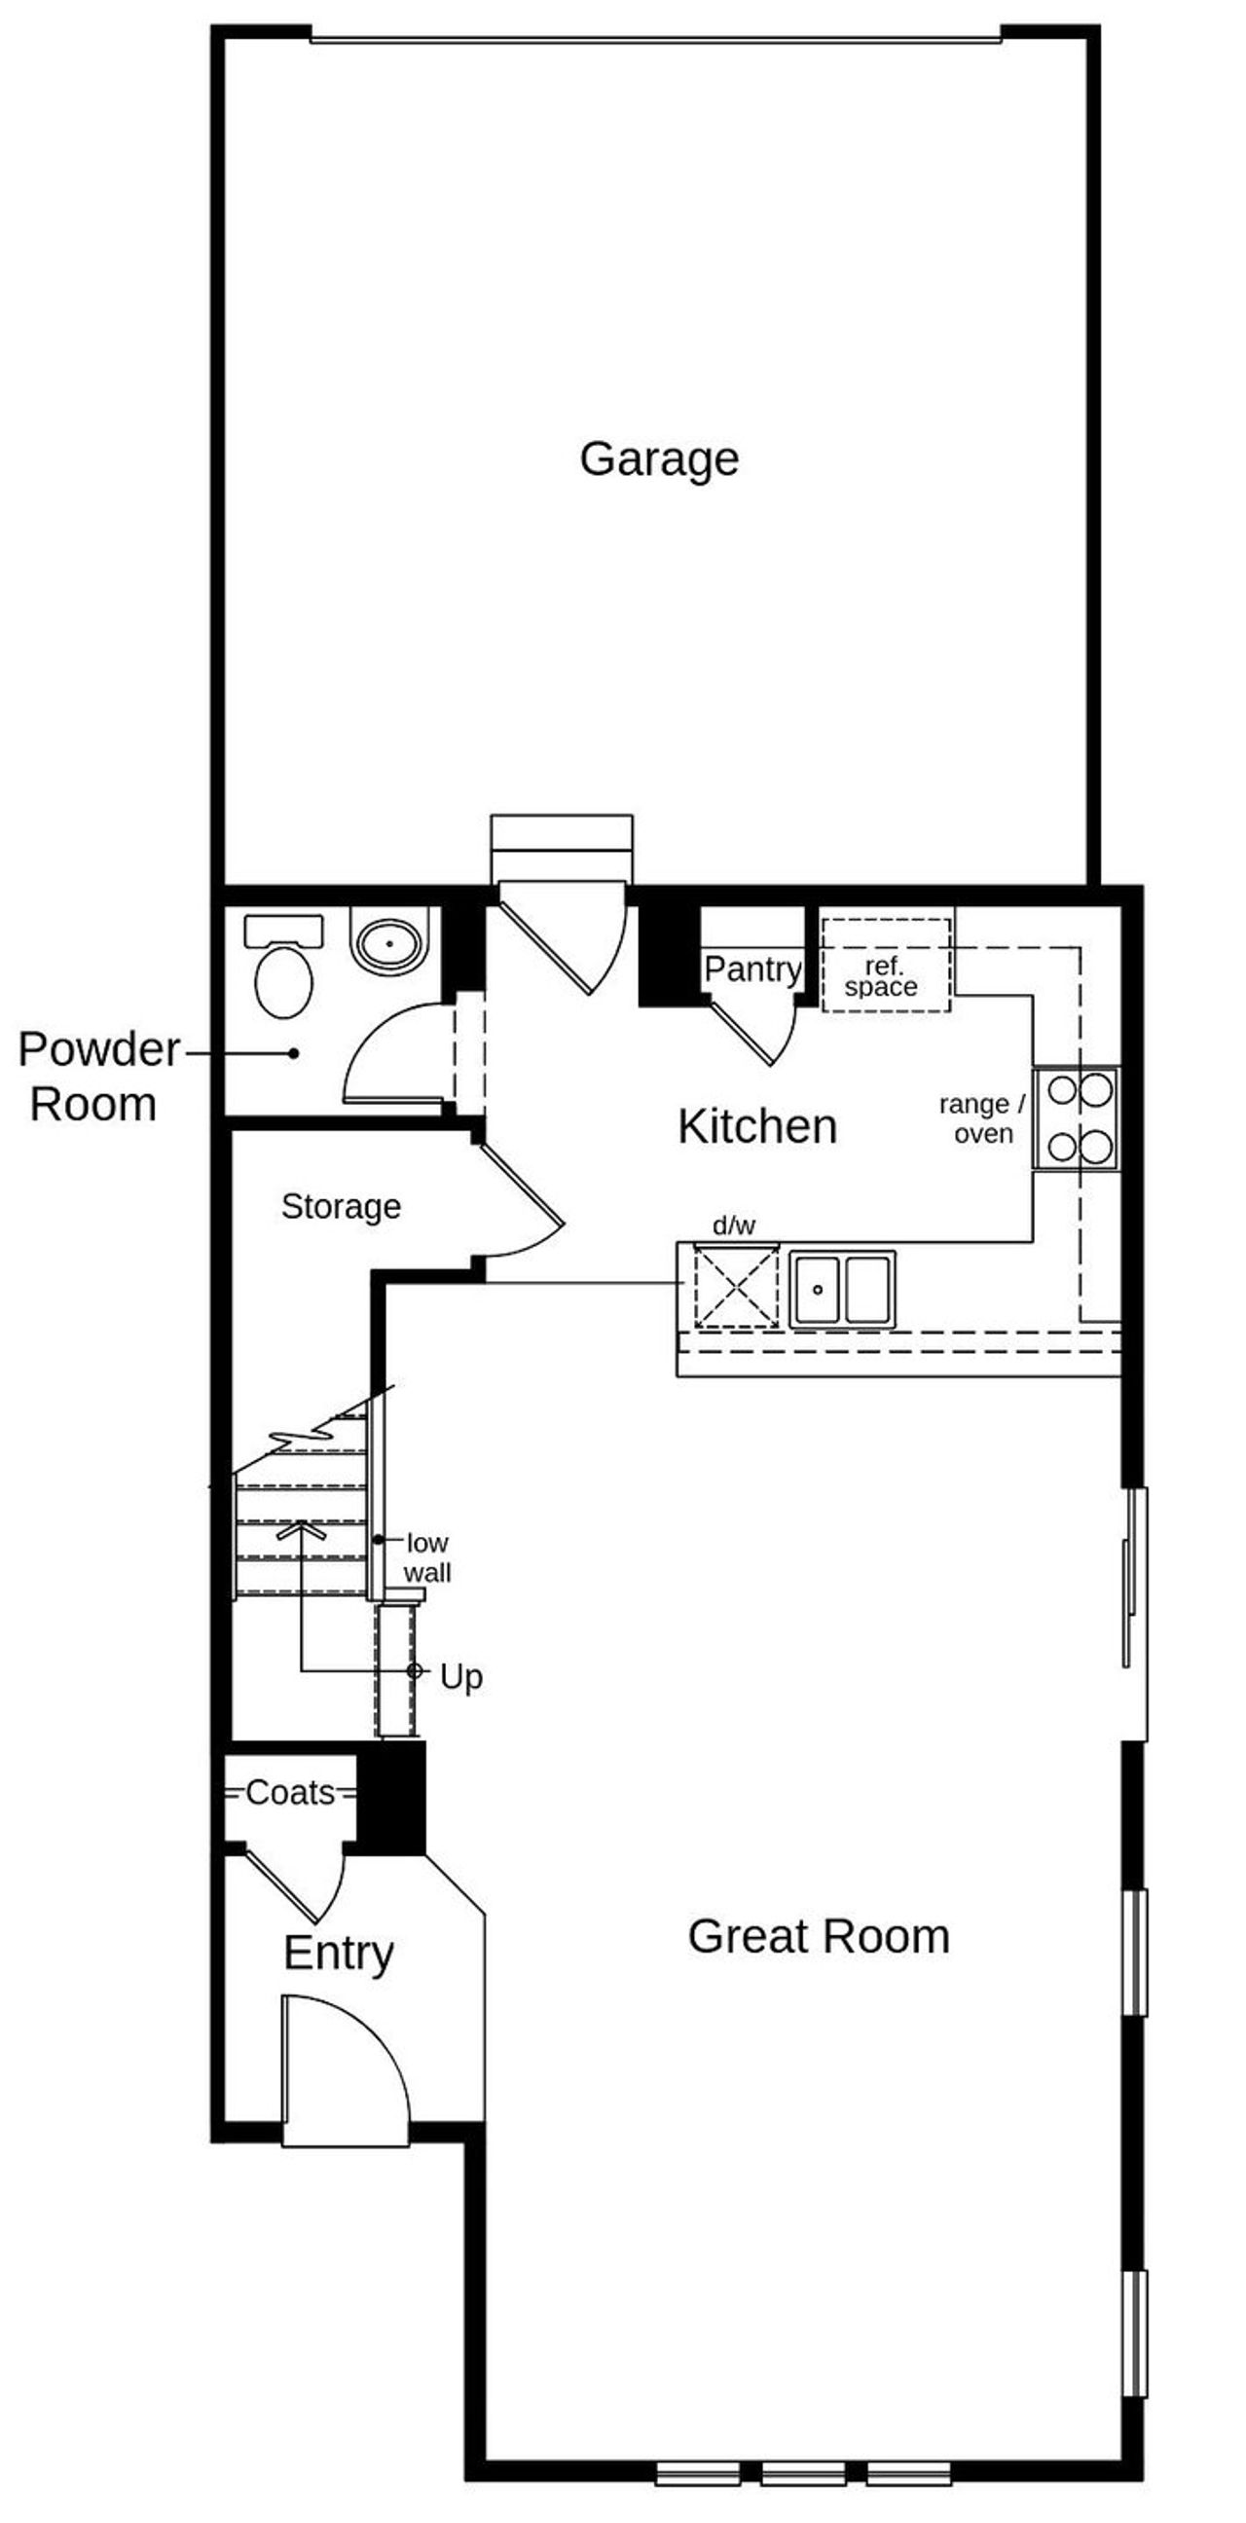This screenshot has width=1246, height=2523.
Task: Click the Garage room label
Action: click(x=658, y=458)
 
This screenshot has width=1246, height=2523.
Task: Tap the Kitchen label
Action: click(x=757, y=1126)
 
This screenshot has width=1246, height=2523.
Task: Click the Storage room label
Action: click(x=341, y=1206)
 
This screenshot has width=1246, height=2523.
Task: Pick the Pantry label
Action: click(x=752, y=969)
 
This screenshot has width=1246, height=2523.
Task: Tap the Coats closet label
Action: click(x=290, y=1792)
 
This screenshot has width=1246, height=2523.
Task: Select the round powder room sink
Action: click(x=390, y=943)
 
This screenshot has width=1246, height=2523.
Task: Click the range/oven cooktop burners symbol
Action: click(x=1078, y=1117)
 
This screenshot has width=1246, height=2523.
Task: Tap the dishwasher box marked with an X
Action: click(x=736, y=1286)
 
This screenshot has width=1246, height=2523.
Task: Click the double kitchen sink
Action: click(x=842, y=1289)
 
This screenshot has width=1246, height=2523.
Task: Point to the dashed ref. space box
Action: click(x=886, y=965)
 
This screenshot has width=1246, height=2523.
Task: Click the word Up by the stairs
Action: click(x=460, y=1677)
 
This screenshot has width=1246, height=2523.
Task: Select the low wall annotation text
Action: click(x=427, y=1557)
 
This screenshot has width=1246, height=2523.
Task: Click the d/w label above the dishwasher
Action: click(x=734, y=1225)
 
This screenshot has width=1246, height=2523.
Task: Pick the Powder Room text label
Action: click(x=98, y=1077)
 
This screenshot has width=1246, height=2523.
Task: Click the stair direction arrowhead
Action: click(x=301, y=1528)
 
